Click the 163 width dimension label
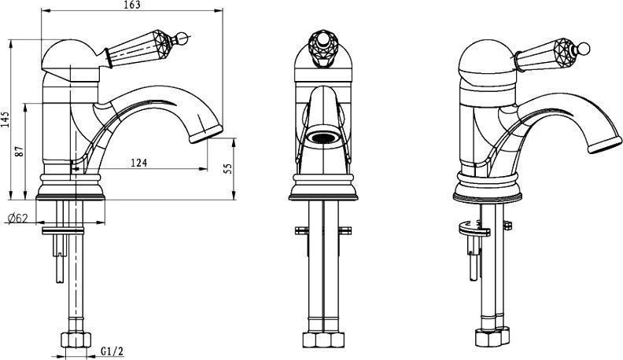tap(133, 5)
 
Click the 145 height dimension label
tap(5, 119)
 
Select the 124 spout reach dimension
tap(138, 163)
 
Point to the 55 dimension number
tap(228, 168)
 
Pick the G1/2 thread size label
tap(112, 351)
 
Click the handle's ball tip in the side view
tap(182, 39)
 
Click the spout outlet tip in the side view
tap(206, 134)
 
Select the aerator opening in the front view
tap(323, 138)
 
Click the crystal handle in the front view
tap(323, 48)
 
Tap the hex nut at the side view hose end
tap(76, 340)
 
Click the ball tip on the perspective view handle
tap(584, 49)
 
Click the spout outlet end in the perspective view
tap(605, 145)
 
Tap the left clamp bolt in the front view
tap(301, 230)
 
